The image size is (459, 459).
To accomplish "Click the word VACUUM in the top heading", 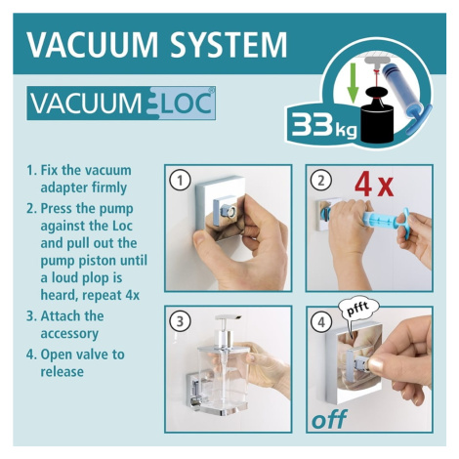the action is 93,44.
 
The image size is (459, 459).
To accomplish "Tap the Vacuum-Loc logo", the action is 121,104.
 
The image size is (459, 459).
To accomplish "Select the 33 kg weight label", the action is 324,125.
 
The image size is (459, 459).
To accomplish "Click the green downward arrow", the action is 353,82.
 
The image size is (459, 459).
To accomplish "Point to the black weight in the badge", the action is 377,115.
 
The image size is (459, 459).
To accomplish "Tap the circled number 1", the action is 180,181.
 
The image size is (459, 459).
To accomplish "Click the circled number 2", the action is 321,181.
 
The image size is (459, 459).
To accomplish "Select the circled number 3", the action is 180,321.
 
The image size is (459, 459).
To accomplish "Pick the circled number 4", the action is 321,322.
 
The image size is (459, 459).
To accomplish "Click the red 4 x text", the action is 374,185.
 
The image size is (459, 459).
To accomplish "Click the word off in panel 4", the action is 329,419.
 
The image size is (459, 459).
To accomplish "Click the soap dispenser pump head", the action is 228,317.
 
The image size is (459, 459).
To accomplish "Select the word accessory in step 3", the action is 69,334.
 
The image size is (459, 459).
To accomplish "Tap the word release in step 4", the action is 62,371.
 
